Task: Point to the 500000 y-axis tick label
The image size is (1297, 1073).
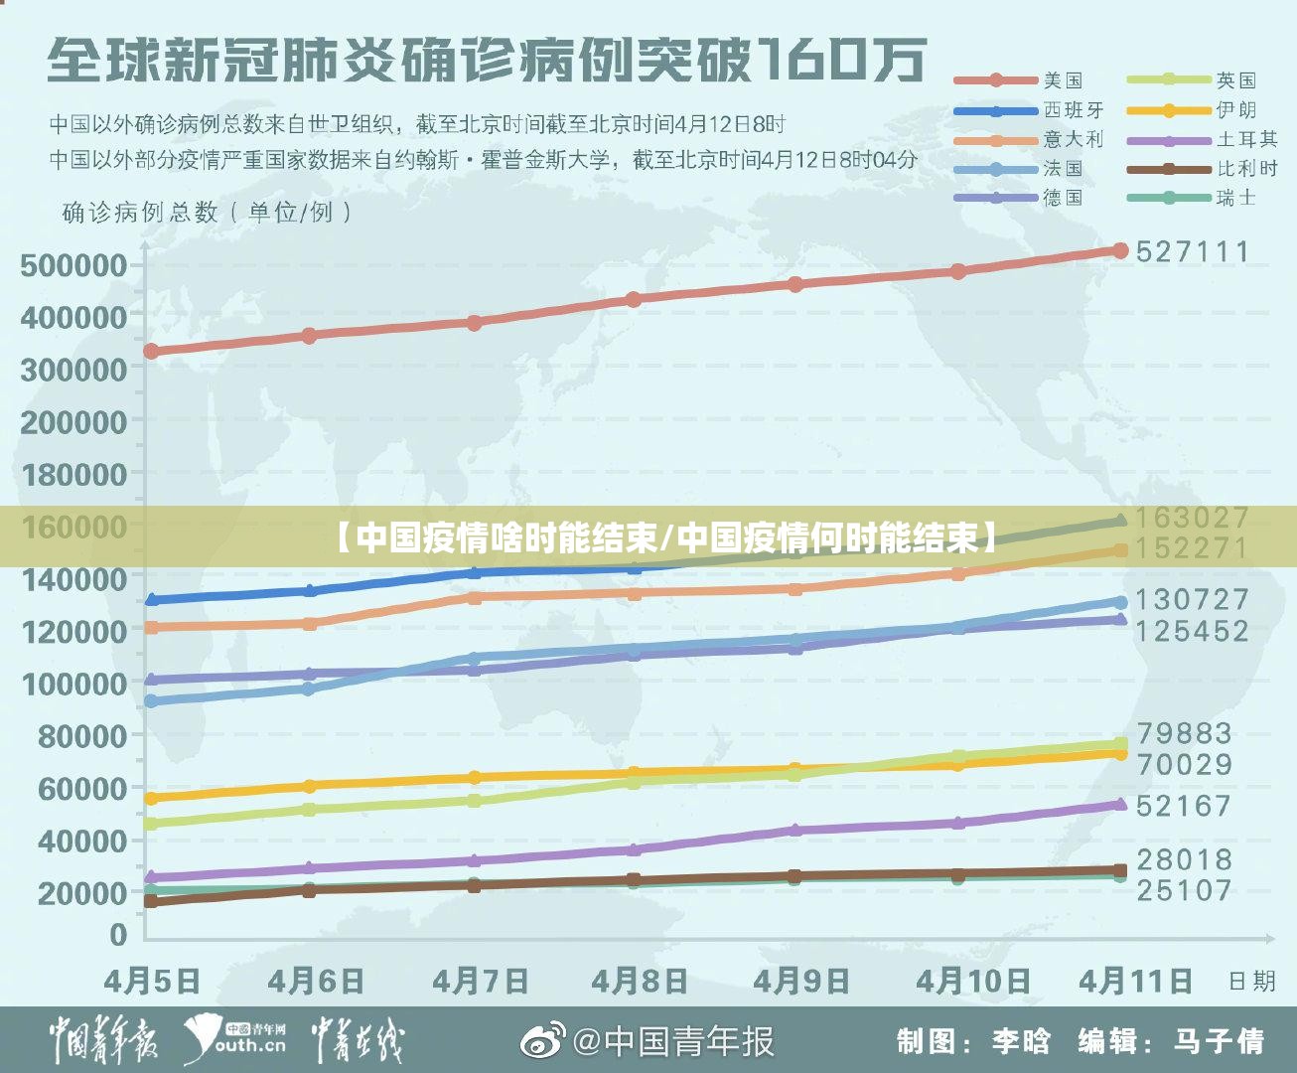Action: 73,265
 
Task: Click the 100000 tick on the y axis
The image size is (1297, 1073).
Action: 73,684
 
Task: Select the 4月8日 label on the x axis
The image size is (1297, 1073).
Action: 640,982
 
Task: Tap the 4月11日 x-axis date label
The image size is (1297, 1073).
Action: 1136,982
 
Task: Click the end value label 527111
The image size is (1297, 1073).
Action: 1193,251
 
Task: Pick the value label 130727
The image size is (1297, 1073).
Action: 1192,599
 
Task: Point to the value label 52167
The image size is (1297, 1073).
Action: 1184,806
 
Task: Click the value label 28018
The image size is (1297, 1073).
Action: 1184,859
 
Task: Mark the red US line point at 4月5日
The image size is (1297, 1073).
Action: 151,351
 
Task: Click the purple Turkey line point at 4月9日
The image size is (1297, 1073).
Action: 794,830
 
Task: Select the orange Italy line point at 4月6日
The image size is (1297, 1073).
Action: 310,624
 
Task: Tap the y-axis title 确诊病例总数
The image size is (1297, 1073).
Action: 139,212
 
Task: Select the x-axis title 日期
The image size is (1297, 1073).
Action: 1251,982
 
